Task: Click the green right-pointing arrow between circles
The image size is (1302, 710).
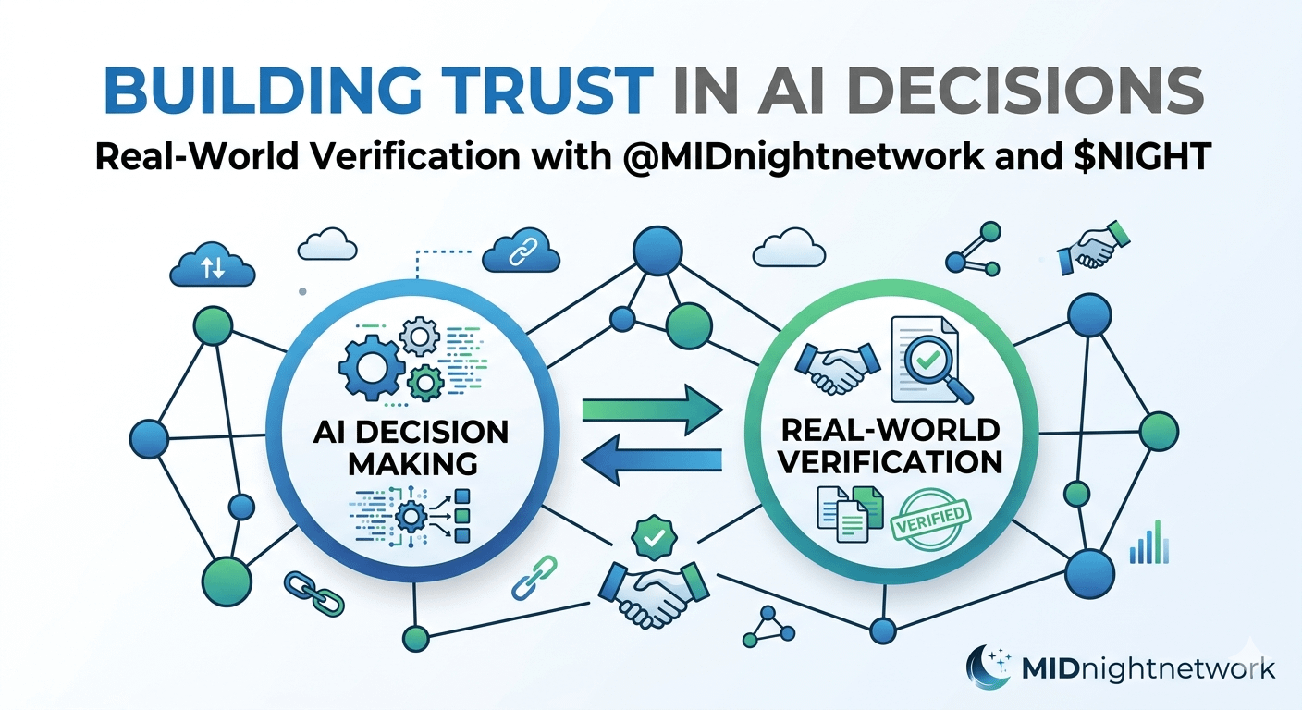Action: pyautogui.click(x=652, y=410)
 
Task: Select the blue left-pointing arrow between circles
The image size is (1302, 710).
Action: pyautogui.click(x=653, y=460)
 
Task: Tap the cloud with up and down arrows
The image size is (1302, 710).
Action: pyautogui.click(x=212, y=266)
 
